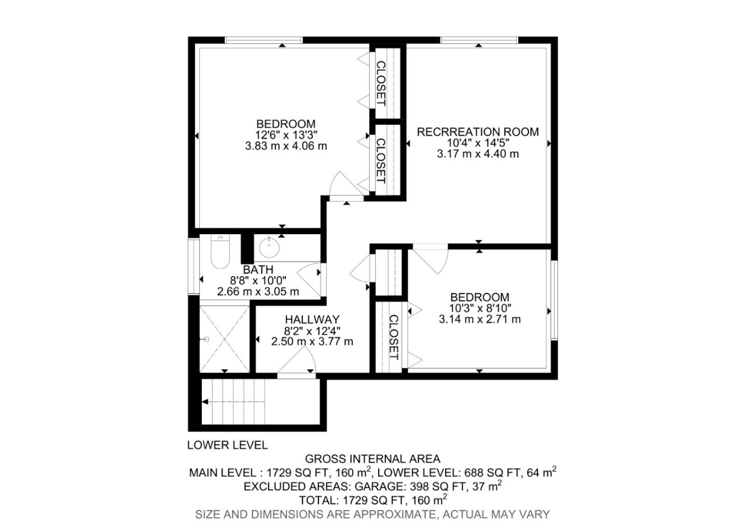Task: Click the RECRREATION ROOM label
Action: [477, 132]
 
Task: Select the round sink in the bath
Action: [269, 247]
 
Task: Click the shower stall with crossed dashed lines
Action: [225, 338]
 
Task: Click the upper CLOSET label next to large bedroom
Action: [381, 83]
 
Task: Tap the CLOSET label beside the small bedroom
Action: [393, 337]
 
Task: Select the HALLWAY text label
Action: [312, 320]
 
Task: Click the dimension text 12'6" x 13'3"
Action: [286, 135]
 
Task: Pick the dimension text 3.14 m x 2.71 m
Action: [479, 319]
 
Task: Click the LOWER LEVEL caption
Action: [227, 445]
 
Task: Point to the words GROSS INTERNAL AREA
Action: [372, 459]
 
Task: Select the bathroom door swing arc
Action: [310, 279]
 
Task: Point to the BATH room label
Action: [258, 270]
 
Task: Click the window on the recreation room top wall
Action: [478, 40]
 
